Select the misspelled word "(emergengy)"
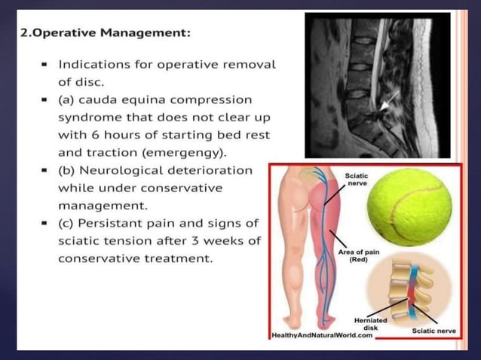(x=178, y=153)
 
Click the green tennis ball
(x=409, y=206)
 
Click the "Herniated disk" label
(x=369, y=325)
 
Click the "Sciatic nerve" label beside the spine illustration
(x=433, y=330)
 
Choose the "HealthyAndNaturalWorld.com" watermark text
(x=322, y=335)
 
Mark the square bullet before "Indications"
(x=46, y=65)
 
